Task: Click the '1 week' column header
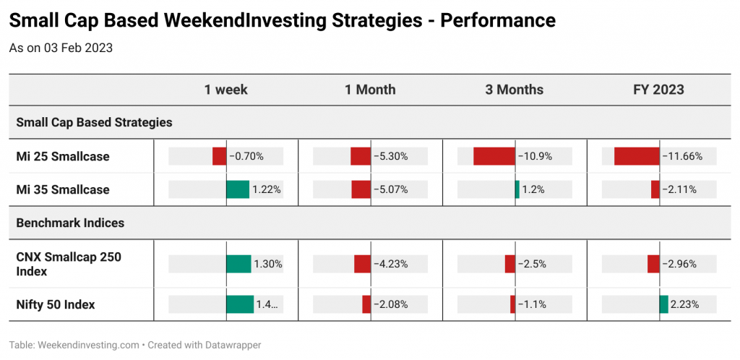(x=225, y=90)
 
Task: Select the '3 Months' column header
(x=515, y=90)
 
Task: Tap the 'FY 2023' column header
(x=659, y=90)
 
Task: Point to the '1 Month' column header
(x=370, y=90)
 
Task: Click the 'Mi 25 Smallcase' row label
(x=63, y=156)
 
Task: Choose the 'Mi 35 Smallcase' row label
(x=63, y=189)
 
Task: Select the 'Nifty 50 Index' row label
(x=56, y=305)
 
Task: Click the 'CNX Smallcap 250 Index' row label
(x=69, y=265)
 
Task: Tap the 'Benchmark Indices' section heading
(x=70, y=223)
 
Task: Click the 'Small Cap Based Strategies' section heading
(x=95, y=123)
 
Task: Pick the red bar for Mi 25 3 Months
(x=494, y=156)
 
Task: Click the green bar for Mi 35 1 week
(x=238, y=189)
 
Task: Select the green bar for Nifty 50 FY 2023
(x=664, y=304)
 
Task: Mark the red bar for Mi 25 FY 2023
(x=637, y=156)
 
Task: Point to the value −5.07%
(x=391, y=189)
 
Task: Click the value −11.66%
(x=682, y=156)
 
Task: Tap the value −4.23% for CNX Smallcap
(x=391, y=265)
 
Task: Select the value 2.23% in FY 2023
(x=685, y=305)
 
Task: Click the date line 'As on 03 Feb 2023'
(x=61, y=48)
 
